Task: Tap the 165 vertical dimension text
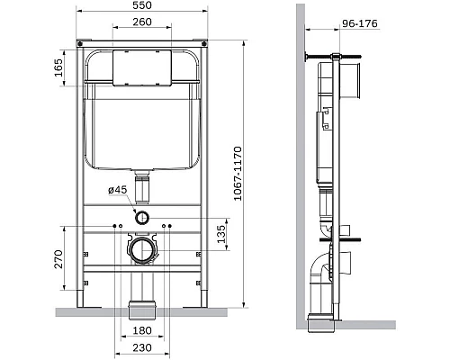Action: [59, 68]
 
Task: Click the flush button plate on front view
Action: [139, 68]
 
